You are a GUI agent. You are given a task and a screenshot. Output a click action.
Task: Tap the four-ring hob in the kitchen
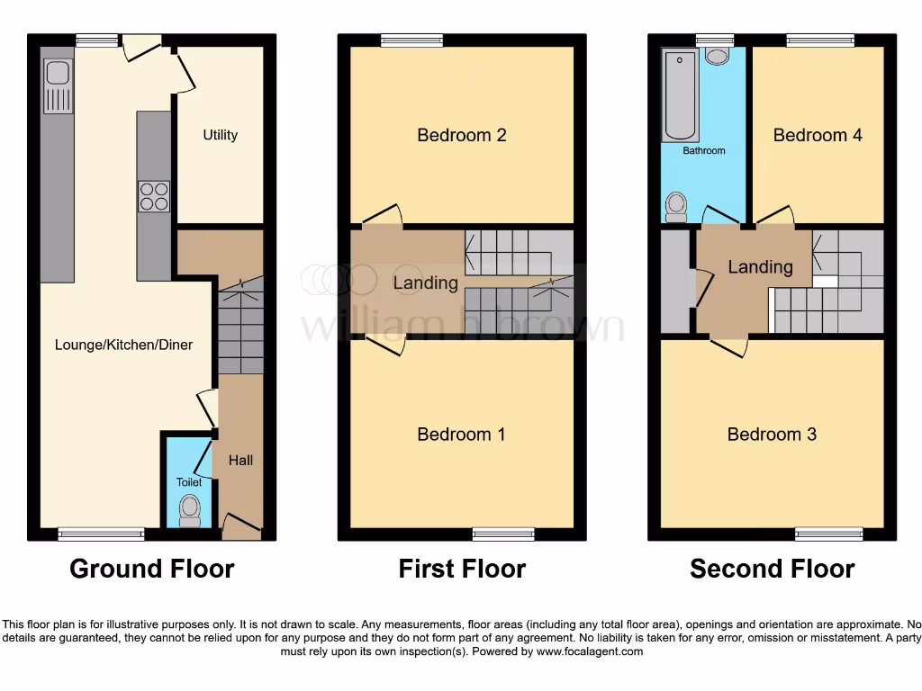(153, 196)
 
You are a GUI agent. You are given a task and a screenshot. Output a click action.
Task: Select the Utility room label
(220, 135)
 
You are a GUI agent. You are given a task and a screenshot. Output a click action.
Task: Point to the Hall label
(240, 461)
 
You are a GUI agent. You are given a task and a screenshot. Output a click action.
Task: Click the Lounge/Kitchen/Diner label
(124, 345)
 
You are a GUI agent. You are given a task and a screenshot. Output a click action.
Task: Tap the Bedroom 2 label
(462, 135)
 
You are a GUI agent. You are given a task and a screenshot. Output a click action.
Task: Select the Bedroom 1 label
(462, 435)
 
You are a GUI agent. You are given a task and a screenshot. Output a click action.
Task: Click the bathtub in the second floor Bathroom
(680, 95)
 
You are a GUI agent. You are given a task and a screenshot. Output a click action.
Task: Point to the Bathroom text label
(703, 150)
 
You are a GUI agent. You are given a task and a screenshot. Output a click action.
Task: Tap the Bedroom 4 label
(818, 135)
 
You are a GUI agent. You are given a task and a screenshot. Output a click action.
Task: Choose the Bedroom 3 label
(772, 435)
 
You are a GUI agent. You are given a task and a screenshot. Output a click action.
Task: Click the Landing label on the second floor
(760, 267)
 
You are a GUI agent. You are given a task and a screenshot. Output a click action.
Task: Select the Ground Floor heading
(152, 569)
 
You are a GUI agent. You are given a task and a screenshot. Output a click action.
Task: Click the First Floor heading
(462, 569)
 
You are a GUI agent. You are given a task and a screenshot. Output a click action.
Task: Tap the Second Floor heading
(772, 569)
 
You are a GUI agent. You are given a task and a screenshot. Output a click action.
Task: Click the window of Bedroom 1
(497, 534)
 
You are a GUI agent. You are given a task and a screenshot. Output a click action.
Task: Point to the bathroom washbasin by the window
(718, 57)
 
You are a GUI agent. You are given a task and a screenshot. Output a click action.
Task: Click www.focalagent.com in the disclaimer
(590, 651)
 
